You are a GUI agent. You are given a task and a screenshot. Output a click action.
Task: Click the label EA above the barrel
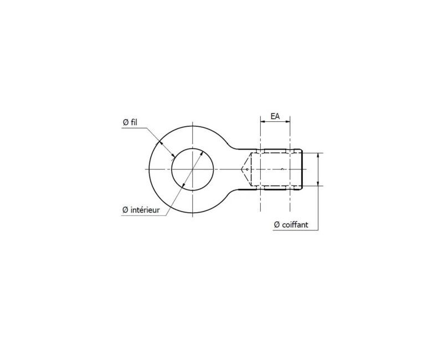tap(275, 117)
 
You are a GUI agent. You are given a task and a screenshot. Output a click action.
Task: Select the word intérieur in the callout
tap(145, 210)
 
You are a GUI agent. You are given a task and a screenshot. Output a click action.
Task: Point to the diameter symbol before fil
tap(126, 123)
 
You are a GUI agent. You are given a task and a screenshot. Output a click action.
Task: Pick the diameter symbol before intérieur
tap(126, 210)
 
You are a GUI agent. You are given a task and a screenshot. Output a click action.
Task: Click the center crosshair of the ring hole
tap(192, 168)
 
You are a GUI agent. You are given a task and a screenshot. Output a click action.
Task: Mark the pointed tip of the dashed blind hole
tap(241, 168)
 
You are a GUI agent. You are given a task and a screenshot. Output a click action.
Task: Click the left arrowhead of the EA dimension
tap(261, 123)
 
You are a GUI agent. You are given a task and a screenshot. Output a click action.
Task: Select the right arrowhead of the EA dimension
tap(289, 123)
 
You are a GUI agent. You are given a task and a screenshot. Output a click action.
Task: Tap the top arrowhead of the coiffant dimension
tap(318, 155)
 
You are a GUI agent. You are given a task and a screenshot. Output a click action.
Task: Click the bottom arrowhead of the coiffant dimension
tap(318, 183)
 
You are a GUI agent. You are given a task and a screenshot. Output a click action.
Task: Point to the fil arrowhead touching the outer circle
tap(161, 143)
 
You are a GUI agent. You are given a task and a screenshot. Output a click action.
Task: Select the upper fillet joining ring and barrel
tap(234, 148)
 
